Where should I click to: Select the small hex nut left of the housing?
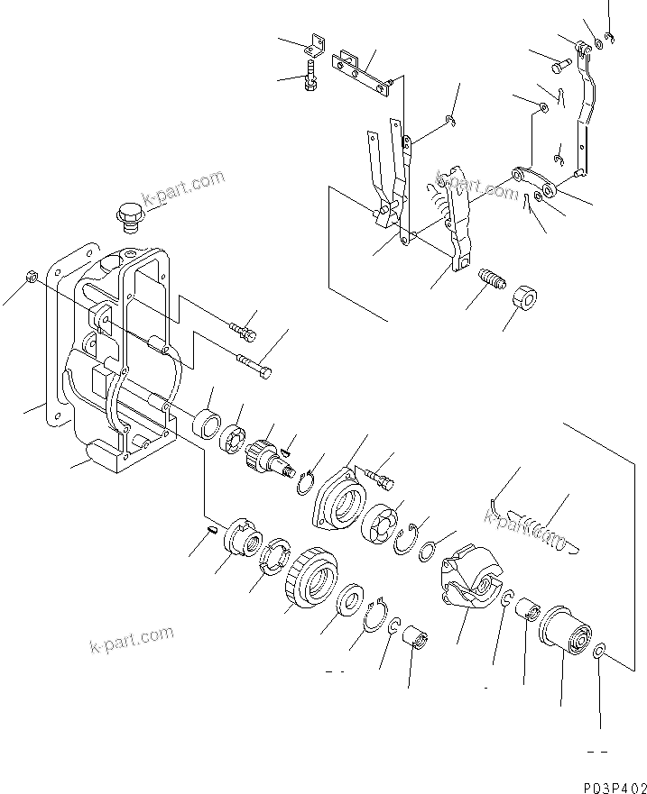[x=31, y=277]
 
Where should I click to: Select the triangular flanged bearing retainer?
[x=337, y=498]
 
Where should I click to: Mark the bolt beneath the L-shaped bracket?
[x=311, y=77]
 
